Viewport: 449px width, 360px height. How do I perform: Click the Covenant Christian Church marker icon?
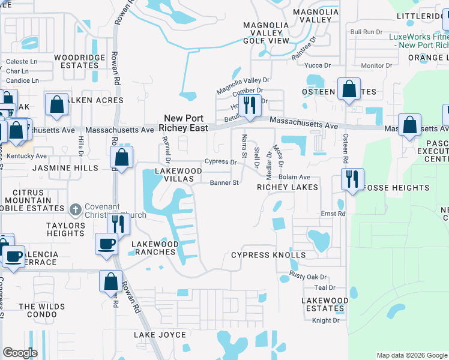coord(75,209)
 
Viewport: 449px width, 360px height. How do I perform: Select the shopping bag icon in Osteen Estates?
coord(349,89)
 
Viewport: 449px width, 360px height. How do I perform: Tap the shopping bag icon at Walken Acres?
coord(56,104)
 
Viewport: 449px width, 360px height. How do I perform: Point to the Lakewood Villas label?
coord(178,175)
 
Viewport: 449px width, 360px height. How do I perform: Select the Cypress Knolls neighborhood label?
coord(268,255)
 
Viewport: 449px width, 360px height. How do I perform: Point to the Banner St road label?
coord(224,183)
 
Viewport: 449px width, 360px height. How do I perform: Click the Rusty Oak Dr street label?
coord(309,277)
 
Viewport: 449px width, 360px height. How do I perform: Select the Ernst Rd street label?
coord(333,214)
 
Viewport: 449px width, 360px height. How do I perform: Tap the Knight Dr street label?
coord(326,320)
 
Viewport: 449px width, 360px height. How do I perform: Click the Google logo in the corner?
coord(20,353)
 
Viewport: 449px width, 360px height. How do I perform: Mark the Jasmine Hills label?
coord(65,169)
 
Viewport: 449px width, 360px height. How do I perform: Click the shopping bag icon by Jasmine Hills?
coord(121,158)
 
